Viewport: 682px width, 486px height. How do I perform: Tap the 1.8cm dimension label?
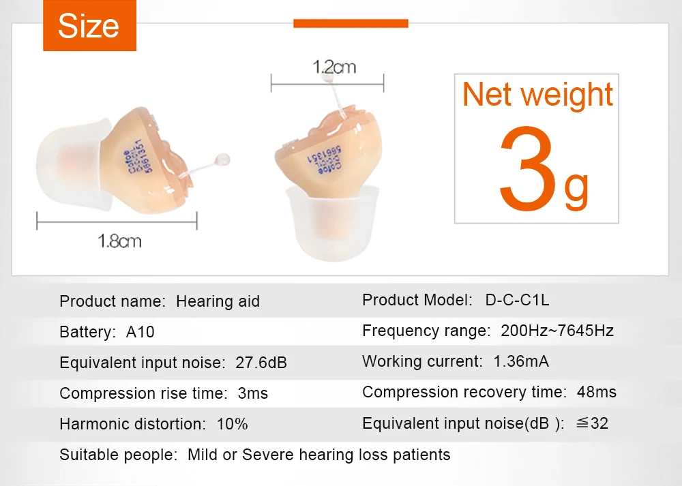pos(120,241)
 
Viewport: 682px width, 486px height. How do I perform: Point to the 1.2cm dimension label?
pos(334,67)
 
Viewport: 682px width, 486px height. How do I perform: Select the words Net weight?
pos(537,94)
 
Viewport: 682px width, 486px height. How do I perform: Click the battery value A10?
pos(140,333)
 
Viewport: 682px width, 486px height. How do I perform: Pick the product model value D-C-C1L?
pos(517,300)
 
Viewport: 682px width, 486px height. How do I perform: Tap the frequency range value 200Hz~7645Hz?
pos(557,331)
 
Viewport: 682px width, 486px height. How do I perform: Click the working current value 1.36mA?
pos(521,361)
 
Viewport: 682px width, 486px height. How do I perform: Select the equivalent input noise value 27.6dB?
pos(261,363)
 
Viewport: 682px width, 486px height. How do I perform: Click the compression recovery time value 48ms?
pos(597,392)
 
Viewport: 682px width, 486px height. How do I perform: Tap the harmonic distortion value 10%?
pos(232,424)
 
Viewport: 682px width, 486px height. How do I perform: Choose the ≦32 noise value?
pos(591,423)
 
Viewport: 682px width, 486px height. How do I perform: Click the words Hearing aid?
pos(218,301)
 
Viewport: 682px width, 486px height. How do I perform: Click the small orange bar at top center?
pos(351,23)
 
